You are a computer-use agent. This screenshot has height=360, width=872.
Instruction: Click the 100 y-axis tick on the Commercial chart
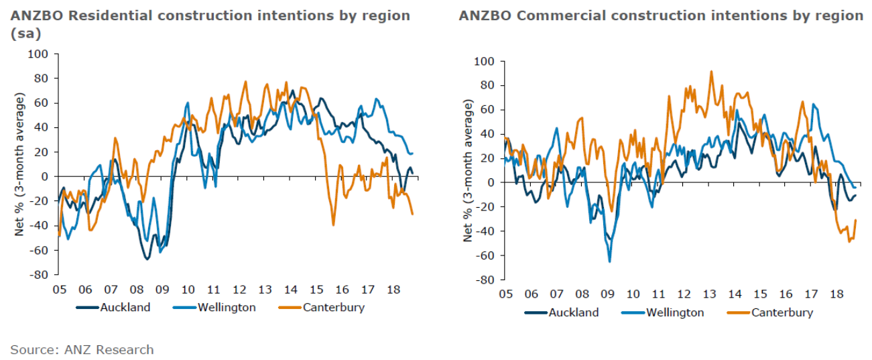pos(485,62)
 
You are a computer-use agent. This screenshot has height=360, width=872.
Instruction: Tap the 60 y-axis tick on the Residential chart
pos(42,103)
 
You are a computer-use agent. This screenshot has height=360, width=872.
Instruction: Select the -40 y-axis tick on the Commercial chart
pos(485,231)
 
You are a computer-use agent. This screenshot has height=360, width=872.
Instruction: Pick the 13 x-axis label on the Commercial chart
pos(709,294)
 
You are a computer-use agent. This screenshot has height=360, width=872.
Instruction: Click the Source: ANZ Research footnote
pos(82,349)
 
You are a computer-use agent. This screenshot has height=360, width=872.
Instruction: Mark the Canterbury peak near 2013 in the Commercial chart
pos(711,72)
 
